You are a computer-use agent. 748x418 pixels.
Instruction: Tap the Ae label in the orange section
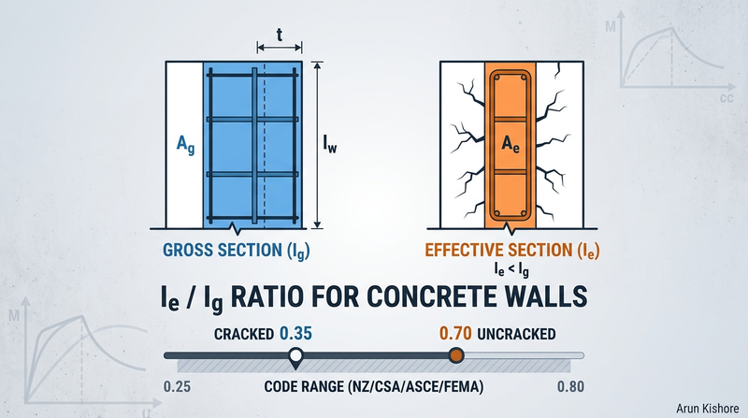coord(510,144)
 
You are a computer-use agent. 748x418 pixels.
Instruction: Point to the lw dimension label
coord(329,145)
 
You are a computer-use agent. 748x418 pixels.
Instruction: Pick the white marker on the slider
coord(295,355)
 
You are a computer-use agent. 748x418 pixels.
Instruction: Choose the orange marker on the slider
coord(455,355)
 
